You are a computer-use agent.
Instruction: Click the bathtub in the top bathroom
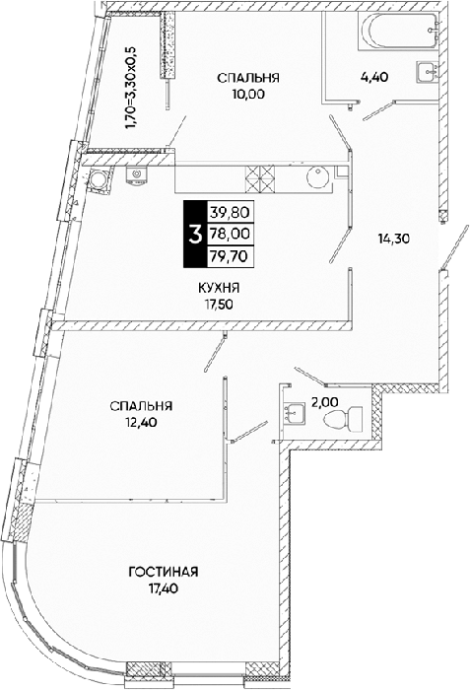pos(400,29)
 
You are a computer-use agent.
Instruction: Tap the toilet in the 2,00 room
pos(342,419)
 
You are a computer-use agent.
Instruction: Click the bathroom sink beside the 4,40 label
pos(428,72)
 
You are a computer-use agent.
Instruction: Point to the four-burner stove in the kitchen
pos(260,178)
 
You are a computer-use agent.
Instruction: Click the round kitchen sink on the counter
pos(317,178)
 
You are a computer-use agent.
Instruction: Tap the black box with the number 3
pos(194,234)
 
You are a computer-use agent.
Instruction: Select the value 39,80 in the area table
pos(230,213)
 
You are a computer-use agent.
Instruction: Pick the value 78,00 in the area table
pos(230,234)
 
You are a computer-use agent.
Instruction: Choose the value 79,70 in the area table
pos(230,254)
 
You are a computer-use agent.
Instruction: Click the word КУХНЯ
pos(219,288)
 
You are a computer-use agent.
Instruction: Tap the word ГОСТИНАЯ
pos(164,572)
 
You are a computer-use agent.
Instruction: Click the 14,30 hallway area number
pos(393,239)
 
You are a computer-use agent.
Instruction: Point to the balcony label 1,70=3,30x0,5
pos(132,87)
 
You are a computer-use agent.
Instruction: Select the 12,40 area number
pos(141,422)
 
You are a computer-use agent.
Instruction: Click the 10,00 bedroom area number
pos(248,94)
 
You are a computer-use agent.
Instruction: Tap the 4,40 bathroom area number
pos(373,78)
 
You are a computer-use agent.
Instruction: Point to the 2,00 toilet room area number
pos(325,401)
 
